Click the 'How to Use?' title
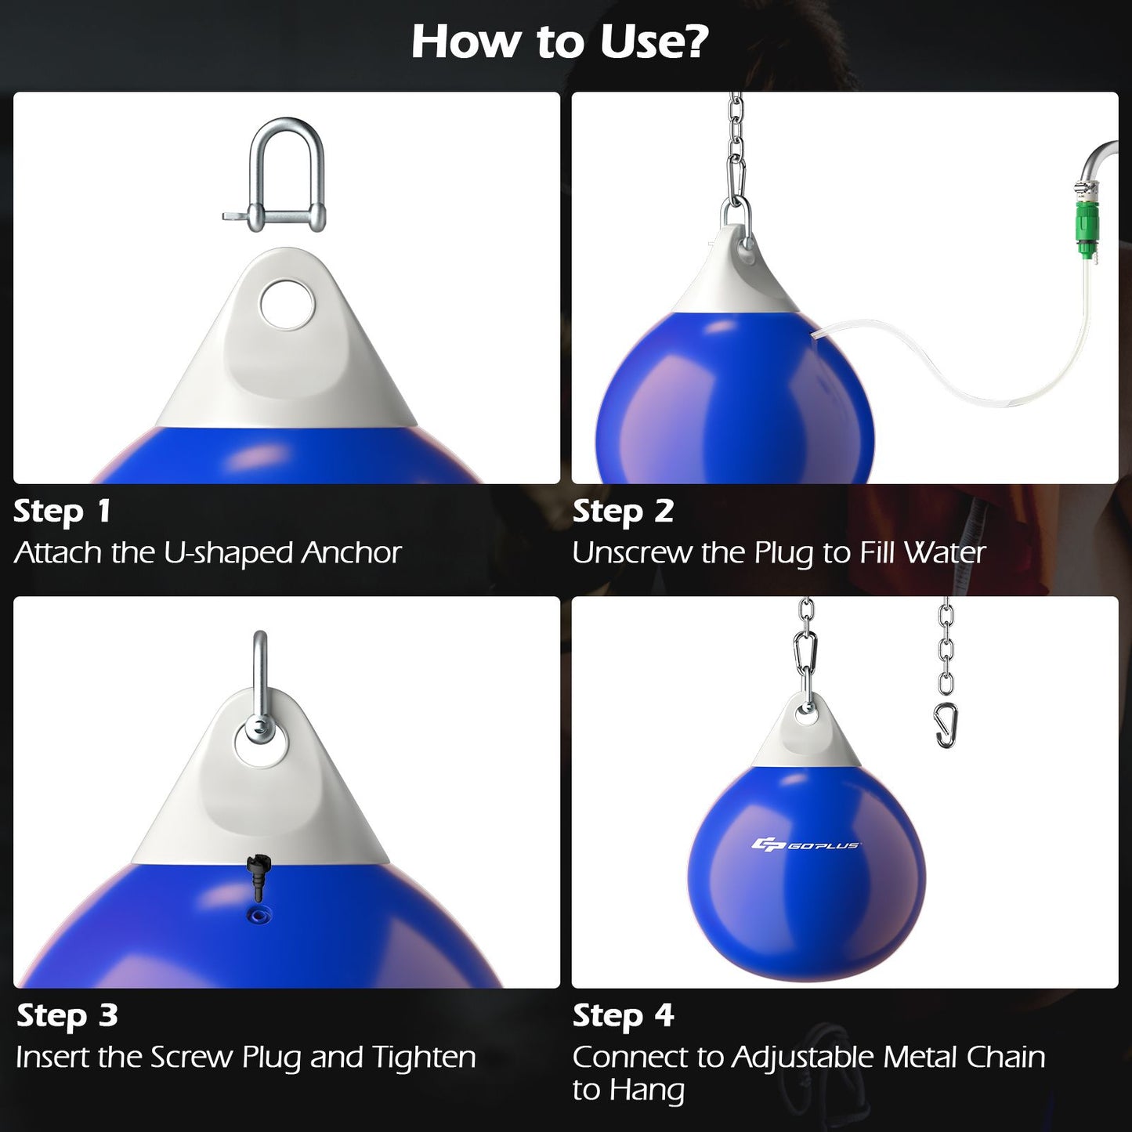(x=559, y=42)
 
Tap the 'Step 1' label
(x=62, y=511)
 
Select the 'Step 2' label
(x=623, y=511)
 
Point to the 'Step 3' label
(x=67, y=1015)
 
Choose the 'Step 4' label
(x=623, y=1015)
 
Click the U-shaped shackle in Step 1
(x=286, y=176)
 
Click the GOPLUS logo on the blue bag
(x=805, y=844)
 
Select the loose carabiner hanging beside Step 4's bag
(x=946, y=725)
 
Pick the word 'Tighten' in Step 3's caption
(x=423, y=1058)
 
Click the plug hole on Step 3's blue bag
(x=257, y=914)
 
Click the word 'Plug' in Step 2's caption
(x=785, y=553)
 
